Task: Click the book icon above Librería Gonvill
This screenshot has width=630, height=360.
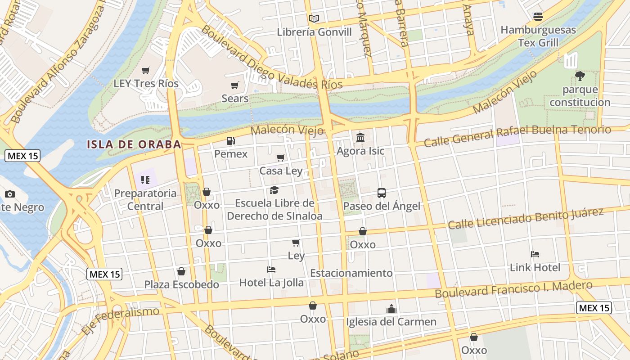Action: (314, 18)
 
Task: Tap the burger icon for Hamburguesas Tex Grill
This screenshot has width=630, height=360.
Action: (538, 17)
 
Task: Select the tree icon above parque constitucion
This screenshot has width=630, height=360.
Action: (580, 76)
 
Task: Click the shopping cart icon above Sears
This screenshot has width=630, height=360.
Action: (234, 85)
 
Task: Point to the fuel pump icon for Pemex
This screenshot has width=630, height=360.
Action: (230, 141)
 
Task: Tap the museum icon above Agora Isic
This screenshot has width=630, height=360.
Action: (360, 137)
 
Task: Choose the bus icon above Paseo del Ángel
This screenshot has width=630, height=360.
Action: (382, 193)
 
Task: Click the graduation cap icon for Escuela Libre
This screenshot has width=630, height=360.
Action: (274, 190)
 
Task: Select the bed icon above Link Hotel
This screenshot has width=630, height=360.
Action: (535, 254)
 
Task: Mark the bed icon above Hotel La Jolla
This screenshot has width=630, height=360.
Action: (271, 270)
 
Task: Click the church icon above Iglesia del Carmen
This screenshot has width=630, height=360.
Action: (391, 309)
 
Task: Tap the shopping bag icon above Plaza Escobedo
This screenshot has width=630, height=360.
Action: (181, 271)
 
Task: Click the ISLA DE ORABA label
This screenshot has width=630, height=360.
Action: (134, 144)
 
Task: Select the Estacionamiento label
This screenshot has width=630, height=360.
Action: (351, 273)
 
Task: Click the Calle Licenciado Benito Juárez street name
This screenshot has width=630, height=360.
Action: (525, 218)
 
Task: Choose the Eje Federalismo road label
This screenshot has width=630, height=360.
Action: (121, 320)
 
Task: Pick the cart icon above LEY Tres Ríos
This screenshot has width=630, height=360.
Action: (145, 70)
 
